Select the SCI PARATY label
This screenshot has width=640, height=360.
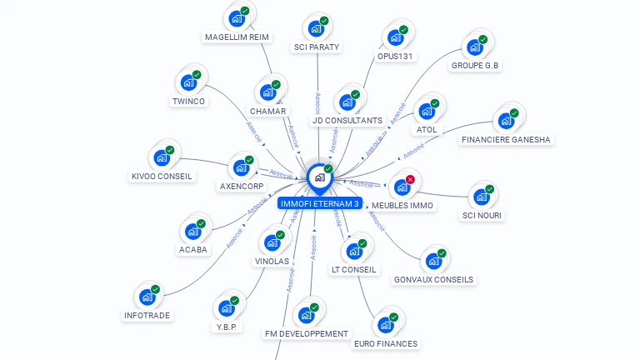tap(317, 47)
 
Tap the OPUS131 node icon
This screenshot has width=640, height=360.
tap(395, 37)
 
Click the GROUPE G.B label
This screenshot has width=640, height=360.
tap(476, 65)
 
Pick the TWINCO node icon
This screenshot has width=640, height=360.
tap(188, 82)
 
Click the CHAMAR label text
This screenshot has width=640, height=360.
tap(267, 111)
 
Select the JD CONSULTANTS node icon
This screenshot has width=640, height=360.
tap(347, 102)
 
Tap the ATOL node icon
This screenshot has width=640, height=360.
tap(427, 111)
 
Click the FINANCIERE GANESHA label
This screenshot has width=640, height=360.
tap(506, 139)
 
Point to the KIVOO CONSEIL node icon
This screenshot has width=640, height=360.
tap(161, 157)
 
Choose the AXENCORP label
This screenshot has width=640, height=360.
tap(242, 186)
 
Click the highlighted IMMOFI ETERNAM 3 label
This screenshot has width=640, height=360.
tap(320, 203)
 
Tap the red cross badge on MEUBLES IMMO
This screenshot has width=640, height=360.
tap(410, 179)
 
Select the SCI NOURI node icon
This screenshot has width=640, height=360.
tap(482, 197)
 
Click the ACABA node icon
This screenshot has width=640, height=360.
tap(193, 231)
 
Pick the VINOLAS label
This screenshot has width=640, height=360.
tap(272, 261)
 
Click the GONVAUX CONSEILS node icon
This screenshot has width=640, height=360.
tap(433, 261)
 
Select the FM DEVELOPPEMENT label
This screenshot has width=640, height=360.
tap(306, 333)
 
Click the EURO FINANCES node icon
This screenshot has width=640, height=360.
tap(386, 324)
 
